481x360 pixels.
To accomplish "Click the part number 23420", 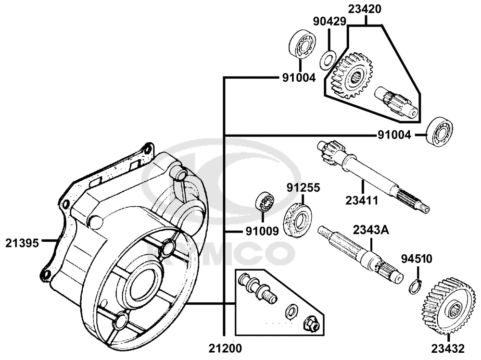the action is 365,9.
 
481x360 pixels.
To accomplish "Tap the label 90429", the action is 329,22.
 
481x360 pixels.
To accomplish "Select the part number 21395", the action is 22,243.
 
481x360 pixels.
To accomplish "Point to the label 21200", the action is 225,348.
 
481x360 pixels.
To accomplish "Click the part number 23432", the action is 448,348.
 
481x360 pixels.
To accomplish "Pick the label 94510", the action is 417,259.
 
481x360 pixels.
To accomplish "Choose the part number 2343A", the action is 371,230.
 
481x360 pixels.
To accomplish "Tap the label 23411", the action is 362,200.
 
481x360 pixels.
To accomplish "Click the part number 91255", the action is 303,187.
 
